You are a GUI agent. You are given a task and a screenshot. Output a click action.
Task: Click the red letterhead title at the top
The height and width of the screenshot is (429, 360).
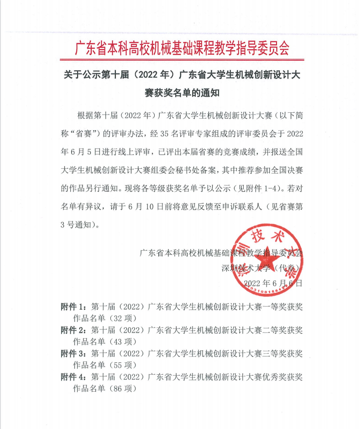[182, 48]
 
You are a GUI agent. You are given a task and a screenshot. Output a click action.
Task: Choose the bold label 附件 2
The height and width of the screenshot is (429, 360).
[73, 330]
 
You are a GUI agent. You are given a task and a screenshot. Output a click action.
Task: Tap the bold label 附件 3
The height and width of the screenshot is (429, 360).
[73, 353]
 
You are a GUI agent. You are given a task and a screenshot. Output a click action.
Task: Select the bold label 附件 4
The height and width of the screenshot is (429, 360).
[73, 377]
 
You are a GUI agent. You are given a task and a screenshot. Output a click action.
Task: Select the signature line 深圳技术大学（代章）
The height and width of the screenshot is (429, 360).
[262, 268]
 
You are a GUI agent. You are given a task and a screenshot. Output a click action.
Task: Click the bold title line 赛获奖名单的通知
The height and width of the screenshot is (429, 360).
[182, 94]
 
